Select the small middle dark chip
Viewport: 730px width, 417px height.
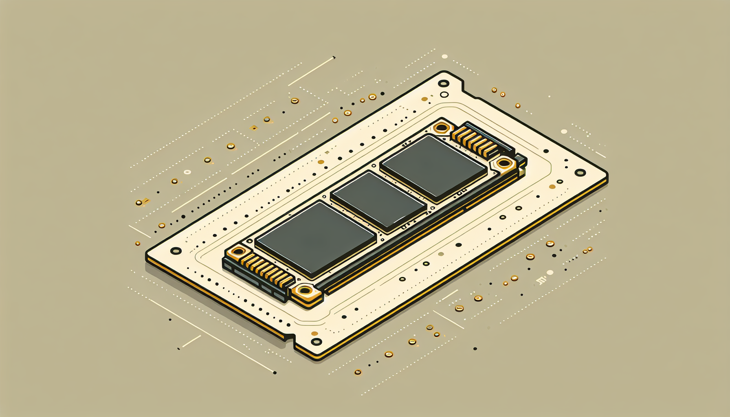[x=379, y=200]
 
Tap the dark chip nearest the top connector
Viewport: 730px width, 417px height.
[x=434, y=167]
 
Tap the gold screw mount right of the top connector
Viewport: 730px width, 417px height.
[x=504, y=164]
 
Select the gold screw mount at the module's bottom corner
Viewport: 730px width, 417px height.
[x=304, y=291]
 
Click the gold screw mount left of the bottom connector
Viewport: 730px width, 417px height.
[x=238, y=252]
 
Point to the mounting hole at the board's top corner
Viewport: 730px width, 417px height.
[x=443, y=83]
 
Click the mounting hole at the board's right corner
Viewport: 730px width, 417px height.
[x=580, y=173]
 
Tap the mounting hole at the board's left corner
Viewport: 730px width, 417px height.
[x=176, y=250]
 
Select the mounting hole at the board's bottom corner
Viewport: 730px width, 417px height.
[x=317, y=342]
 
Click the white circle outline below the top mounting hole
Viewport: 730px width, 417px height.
[x=444, y=95]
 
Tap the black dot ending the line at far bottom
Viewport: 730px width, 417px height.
[x=275, y=373]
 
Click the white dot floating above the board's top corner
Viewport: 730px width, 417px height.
[x=444, y=57]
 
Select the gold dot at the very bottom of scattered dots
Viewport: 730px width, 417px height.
[x=358, y=372]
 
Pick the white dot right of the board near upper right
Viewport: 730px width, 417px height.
[x=564, y=132]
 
